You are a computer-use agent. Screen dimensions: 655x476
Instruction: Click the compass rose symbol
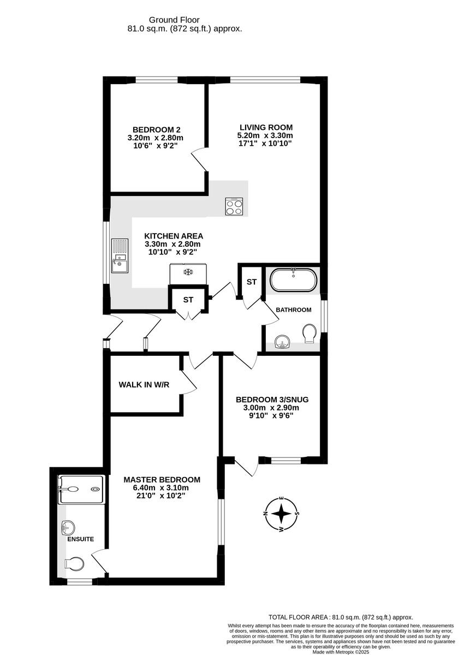click(281, 514)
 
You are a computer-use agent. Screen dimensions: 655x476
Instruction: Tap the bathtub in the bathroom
click(294, 279)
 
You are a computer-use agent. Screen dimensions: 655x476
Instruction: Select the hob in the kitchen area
click(235, 206)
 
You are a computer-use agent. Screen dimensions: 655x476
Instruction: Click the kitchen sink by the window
click(119, 256)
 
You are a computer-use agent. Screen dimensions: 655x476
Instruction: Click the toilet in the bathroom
click(309, 334)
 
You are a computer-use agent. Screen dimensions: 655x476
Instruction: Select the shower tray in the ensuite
click(81, 489)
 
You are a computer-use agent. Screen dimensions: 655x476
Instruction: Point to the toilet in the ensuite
click(74, 563)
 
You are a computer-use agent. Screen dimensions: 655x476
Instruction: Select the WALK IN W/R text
click(144, 385)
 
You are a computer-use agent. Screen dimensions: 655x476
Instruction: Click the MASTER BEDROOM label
click(162, 479)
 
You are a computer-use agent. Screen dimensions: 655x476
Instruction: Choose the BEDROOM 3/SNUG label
click(272, 399)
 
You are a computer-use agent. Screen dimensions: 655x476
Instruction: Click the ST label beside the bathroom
click(252, 282)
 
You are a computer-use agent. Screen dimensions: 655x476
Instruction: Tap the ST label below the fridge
click(188, 300)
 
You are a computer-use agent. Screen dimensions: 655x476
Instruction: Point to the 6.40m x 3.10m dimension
click(162, 487)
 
